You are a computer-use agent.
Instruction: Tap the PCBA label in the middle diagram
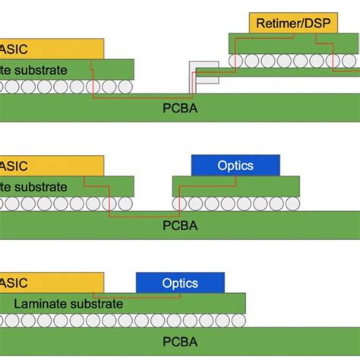coord(181,226)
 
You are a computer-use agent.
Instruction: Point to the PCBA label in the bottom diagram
coord(181,343)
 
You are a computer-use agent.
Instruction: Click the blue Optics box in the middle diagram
coord(235,165)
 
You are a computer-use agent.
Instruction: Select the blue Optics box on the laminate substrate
coord(180,283)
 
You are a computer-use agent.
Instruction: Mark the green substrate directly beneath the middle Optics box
coord(235,186)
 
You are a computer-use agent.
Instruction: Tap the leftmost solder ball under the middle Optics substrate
coord(180,204)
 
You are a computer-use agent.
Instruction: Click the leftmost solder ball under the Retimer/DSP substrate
coord(237,61)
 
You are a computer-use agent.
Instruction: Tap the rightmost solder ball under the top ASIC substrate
coord(125,87)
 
